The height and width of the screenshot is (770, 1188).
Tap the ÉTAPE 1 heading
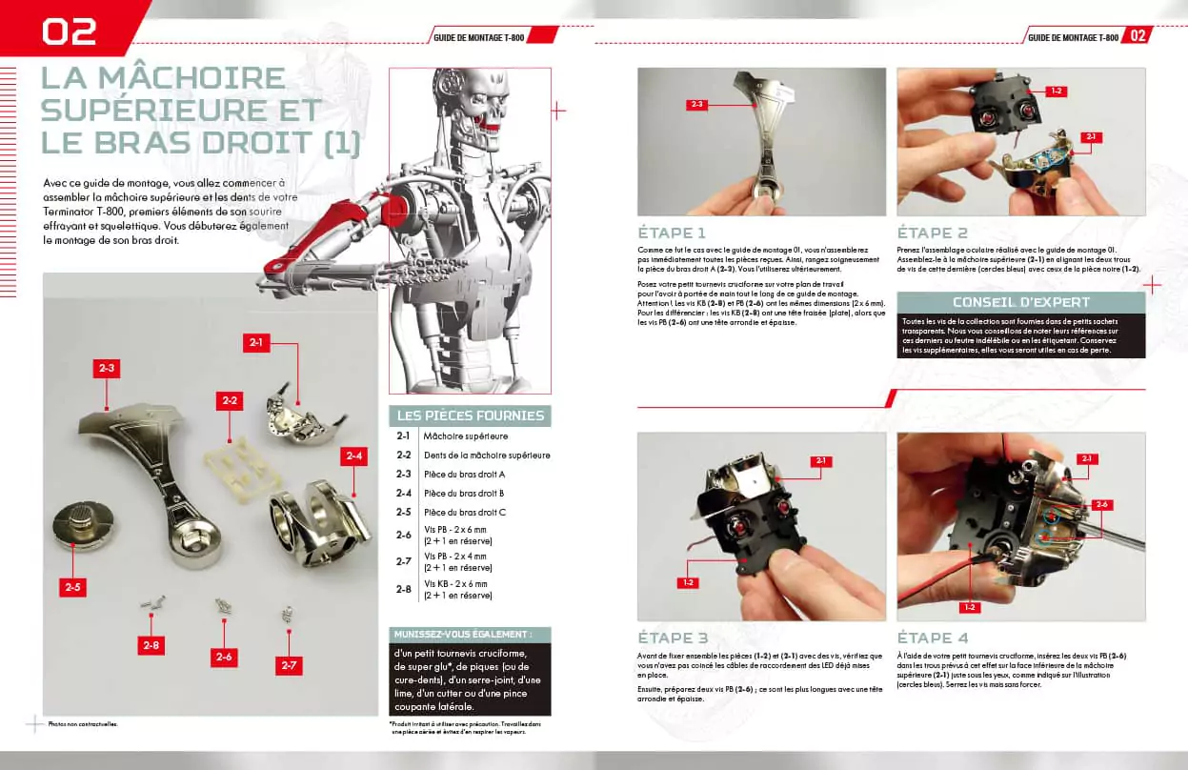click(x=672, y=233)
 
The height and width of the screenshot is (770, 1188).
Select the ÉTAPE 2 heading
click(x=932, y=233)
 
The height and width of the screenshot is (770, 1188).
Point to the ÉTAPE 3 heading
click(x=673, y=638)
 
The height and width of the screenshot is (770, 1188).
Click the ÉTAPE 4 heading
click(x=933, y=638)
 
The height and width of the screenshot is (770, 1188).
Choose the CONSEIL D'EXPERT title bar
click(x=1020, y=302)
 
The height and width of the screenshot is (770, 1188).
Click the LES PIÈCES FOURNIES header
click(x=471, y=415)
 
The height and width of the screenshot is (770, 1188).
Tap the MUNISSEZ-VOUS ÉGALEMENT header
click(x=471, y=634)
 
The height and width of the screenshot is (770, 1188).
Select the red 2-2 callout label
click(x=230, y=400)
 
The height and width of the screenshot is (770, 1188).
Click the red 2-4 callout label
click(x=354, y=456)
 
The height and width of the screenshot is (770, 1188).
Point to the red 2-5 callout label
click(x=71, y=587)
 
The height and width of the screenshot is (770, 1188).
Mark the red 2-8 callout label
click(x=151, y=645)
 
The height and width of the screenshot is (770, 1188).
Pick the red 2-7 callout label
click(x=289, y=665)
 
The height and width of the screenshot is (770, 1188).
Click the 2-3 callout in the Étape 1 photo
click(x=696, y=105)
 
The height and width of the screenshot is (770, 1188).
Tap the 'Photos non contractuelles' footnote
click(x=83, y=724)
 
